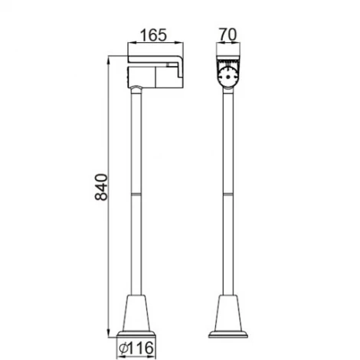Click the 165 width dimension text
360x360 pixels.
tap(153, 35)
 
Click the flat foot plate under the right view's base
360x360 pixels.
tap(230, 334)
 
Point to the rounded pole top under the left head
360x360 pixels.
tap(136, 90)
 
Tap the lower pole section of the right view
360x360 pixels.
tap(230, 245)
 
